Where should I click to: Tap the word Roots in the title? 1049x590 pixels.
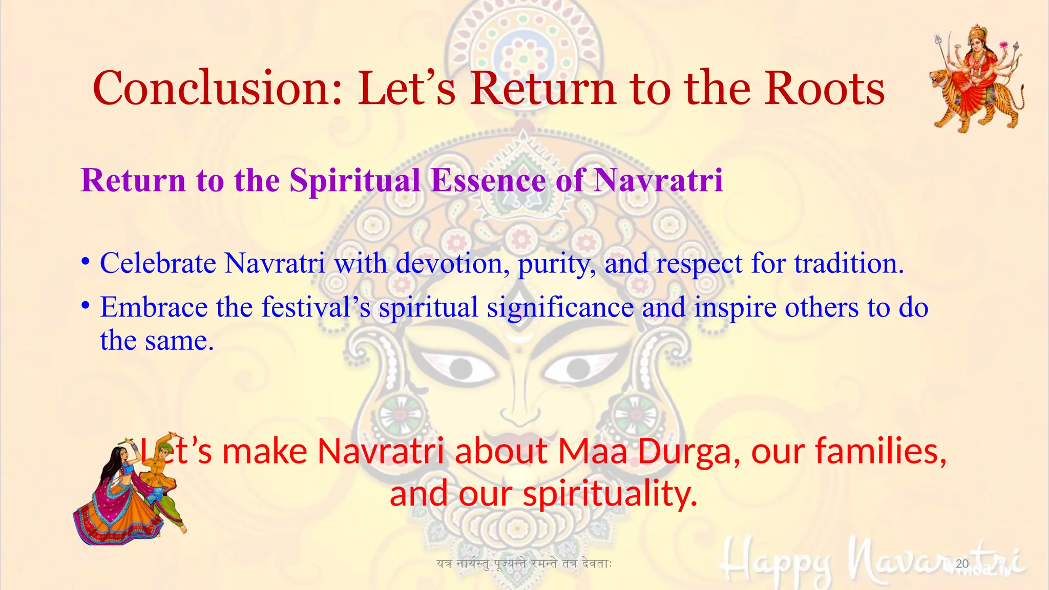coord(825,88)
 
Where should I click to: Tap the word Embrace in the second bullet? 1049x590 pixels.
coord(154,307)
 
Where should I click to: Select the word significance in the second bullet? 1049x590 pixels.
coord(560,307)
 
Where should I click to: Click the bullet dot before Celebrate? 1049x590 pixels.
coord(86,262)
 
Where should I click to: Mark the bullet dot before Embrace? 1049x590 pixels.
coord(86,306)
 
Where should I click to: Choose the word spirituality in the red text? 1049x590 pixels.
coord(610,495)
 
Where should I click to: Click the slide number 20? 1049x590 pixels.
coord(962,564)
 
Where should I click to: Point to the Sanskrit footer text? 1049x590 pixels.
coord(524,564)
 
